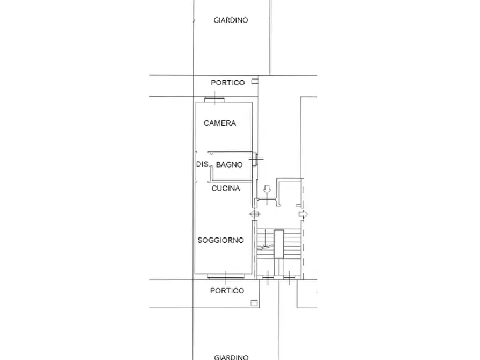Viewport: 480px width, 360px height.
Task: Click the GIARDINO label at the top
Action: pos(231,20)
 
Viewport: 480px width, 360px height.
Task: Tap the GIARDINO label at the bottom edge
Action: pos(231,357)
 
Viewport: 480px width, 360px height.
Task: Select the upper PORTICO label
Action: pos(228,83)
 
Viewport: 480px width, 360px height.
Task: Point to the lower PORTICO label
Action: pos(227,291)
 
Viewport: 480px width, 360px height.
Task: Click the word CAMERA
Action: pos(220,123)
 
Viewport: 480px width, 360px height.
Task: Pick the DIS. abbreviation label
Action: pos(203,164)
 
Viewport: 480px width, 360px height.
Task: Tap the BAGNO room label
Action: pos(230,165)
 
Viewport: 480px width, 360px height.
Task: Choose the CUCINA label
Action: pos(226,188)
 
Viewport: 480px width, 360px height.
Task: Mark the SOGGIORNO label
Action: pos(221,240)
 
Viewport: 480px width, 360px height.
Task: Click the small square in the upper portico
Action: pos(255,82)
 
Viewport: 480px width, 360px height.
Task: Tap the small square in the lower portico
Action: pos(254,304)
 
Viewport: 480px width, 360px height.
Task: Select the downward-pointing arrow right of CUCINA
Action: pos(267,190)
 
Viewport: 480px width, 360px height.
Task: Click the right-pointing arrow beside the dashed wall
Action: pos(303,214)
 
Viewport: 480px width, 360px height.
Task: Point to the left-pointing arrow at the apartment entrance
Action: pos(255,214)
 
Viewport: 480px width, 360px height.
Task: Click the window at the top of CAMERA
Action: pos(214,99)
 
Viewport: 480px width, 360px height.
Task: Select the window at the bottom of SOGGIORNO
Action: pos(226,277)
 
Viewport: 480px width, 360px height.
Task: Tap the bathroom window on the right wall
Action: pos(255,159)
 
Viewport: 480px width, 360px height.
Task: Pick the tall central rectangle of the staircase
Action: pos(279,244)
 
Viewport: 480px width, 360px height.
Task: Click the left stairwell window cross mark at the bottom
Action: pos(268,278)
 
